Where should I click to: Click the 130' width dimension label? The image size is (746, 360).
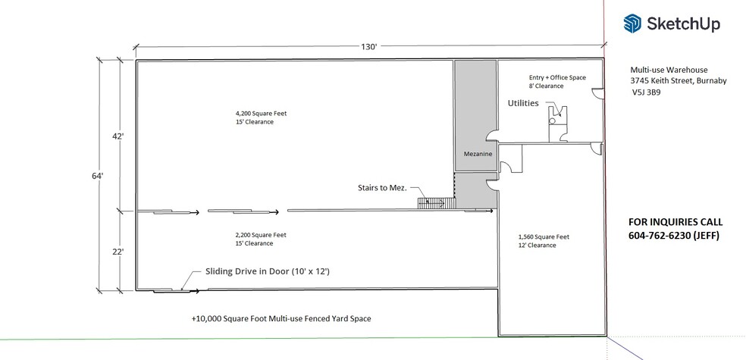(369, 47)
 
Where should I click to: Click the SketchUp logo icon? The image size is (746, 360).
(633, 24)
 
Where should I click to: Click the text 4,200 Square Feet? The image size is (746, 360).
(261, 114)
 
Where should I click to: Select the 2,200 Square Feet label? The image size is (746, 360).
(261, 235)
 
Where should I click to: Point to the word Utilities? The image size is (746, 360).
(522, 102)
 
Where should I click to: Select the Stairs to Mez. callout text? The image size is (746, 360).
(381, 186)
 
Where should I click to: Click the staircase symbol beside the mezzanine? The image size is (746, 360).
(434, 202)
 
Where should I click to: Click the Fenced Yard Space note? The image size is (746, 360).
(281, 319)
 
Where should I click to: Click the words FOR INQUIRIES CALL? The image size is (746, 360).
(676, 222)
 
